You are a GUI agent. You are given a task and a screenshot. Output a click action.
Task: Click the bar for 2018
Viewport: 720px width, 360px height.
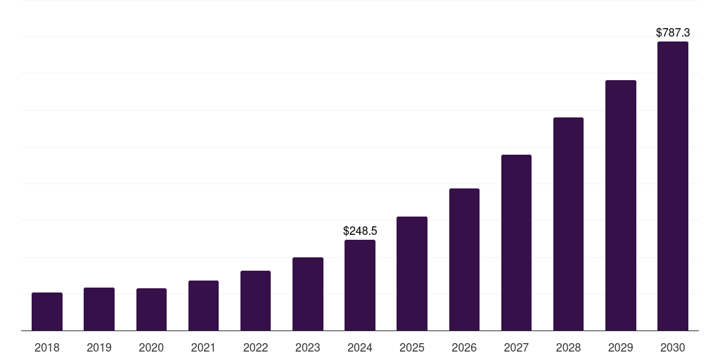[x=47, y=311]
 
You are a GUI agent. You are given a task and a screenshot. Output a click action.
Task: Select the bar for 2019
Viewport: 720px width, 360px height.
[x=99, y=309]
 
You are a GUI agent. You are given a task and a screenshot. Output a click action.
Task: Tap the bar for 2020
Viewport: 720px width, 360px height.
[x=151, y=309]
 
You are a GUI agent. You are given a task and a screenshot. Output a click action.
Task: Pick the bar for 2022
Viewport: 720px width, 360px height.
[x=255, y=301]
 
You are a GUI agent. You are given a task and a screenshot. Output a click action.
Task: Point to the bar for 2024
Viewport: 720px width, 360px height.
[x=360, y=285]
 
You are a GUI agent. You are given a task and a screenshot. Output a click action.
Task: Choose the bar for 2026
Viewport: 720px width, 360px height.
[x=464, y=259]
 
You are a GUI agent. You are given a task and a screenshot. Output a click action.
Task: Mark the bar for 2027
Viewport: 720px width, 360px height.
[x=516, y=243]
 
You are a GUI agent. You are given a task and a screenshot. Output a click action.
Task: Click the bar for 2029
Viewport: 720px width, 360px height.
[x=620, y=205]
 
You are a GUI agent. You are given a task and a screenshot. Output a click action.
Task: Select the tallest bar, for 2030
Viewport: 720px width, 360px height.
[x=673, y=186]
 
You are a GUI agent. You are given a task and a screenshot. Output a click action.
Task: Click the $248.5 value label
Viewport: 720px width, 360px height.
[x=360, y=231]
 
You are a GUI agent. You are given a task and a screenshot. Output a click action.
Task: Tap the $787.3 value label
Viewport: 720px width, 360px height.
[x=673, y=32]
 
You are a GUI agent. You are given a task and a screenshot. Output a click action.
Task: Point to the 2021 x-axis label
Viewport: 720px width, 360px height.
[x=203, y=347]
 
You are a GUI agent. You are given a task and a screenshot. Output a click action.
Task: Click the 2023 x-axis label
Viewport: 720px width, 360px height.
[x=307, y=347]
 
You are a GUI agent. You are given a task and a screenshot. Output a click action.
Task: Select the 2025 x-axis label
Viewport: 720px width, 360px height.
[x=412, y=347]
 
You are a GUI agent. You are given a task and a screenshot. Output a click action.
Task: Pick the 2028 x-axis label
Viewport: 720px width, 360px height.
[x=568, y=347]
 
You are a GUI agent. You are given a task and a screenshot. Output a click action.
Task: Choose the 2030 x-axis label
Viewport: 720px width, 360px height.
[x=673, y=347]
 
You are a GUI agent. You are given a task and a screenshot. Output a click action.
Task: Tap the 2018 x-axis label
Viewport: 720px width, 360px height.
[x=47, y=347]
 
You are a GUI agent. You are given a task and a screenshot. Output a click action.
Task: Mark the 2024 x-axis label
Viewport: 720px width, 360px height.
[x=360, y=347]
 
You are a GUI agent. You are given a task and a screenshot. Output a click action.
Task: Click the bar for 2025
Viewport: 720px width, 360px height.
[x=412, y=274]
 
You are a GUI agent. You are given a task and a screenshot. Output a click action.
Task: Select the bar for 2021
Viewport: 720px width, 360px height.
[x=203, y=306]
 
